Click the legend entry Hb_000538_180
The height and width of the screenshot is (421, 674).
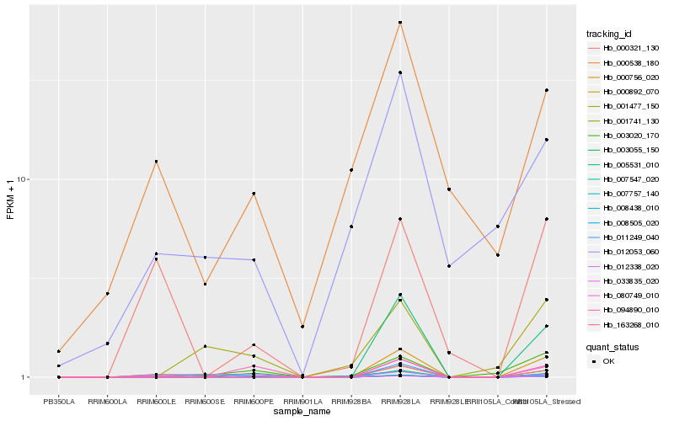624,63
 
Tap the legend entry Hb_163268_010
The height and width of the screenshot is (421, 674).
624,324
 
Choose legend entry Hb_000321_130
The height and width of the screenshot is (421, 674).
624,48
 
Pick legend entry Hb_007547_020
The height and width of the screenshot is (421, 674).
624,179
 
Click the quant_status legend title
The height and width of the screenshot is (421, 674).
612,346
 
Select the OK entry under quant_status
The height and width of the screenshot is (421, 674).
609,361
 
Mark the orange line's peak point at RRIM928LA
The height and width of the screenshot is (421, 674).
400,23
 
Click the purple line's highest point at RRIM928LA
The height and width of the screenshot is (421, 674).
400,72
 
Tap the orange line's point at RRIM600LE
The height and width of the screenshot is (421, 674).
157,162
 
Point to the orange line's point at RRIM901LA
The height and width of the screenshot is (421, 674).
302,327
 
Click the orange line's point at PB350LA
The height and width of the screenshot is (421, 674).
59,351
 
